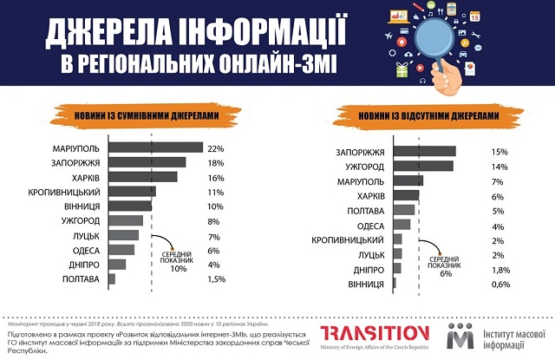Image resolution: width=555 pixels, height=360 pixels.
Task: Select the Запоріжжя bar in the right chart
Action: click(x=424, y=152)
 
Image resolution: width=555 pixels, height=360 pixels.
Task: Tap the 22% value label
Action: click(x=216, y=147)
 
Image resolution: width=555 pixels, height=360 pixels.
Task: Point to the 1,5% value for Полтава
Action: click(x=219, y=278)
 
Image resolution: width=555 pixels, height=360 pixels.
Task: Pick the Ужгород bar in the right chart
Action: click(x=422, y=167)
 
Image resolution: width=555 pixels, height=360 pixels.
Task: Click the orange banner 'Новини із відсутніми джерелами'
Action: click(x=418, y=114)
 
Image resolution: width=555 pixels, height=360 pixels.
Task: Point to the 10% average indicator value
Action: click(x=178, y=269)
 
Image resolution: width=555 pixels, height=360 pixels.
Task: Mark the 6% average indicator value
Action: click(x=447, y=273)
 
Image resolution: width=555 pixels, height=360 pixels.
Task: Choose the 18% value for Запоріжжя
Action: click(x=216, y=162)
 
